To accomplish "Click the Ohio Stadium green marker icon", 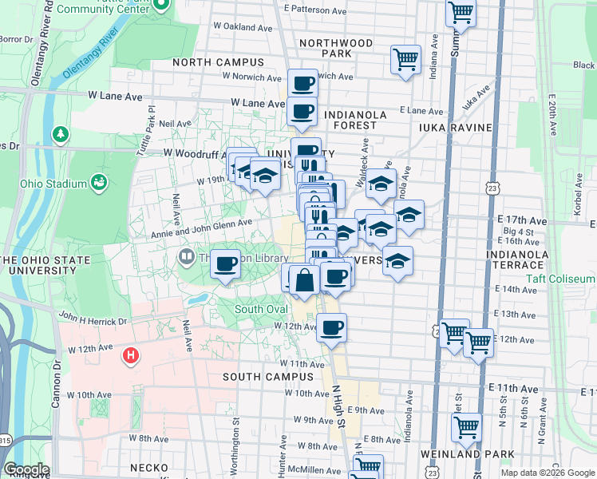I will tap(99, 183).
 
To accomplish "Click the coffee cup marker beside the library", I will tap(227, 263).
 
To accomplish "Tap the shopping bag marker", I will tap(305, 279).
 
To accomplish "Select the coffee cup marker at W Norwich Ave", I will tap(302, 83).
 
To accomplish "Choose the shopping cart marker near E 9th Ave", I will tap(466, 427).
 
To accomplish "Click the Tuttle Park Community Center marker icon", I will tap(162, 6).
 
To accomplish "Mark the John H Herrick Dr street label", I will tap(92, 321).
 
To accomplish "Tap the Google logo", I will tap(26, 469).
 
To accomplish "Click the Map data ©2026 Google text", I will tap(547, 473).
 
